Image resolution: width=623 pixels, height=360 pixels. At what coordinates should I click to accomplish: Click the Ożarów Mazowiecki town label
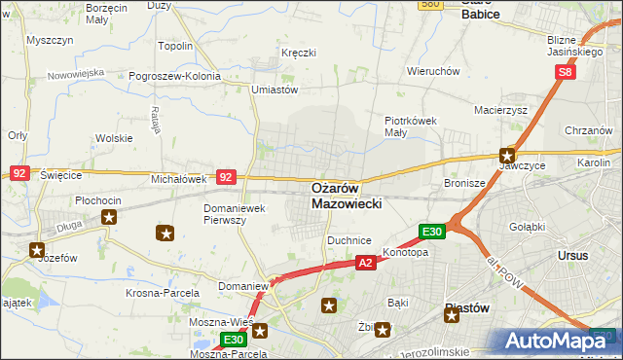348,196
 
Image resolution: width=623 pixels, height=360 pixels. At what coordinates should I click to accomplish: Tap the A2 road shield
365,263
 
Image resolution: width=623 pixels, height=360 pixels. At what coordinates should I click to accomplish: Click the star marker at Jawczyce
507,154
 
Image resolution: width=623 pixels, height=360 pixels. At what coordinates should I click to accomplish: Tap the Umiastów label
274,90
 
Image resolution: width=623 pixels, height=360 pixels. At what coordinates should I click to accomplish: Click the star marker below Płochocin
109,217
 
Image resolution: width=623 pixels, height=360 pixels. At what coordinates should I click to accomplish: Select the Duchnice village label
349,239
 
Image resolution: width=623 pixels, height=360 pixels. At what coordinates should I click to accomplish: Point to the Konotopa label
405,252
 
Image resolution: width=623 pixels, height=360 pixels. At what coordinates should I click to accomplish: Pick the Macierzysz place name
500,111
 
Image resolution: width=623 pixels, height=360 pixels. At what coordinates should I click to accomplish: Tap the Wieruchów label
433,71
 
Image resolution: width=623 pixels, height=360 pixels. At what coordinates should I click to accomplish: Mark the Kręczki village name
299,52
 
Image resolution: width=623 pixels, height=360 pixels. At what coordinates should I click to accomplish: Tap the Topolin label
175,46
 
